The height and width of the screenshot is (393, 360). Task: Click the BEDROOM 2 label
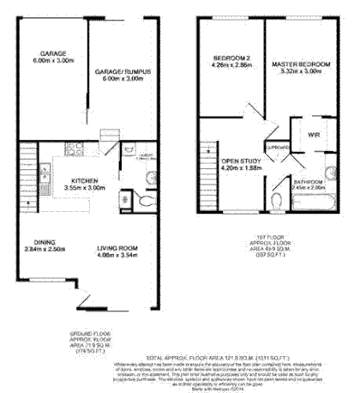(x=229, y=59)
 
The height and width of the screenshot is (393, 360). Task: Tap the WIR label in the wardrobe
(x=314, y=134)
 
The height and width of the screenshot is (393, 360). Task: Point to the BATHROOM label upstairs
(x=307, y=182)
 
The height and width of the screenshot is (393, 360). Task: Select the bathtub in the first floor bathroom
(x=306, y=205)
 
